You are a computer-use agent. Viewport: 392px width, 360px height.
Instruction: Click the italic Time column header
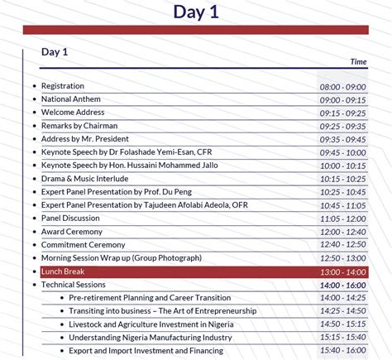[x=358, y=62]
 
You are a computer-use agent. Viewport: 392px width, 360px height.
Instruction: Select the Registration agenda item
[x=63, y=86]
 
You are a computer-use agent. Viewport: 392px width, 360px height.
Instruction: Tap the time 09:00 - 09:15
[x=342, y=100]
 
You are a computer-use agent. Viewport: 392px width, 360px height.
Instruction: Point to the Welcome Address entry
[x=73, y=113]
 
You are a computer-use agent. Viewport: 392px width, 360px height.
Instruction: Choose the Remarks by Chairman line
[x=79, y=126]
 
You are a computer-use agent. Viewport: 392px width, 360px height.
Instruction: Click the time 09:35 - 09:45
[x=342, y=140]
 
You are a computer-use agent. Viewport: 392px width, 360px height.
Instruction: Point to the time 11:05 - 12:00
[x=342, y=218]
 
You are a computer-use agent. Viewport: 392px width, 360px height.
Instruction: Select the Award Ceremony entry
[x=72, y=232]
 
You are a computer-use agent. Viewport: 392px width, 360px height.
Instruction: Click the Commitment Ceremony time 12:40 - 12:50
[x=342, y=245]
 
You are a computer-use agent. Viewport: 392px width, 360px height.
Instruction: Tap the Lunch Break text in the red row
[x=63, y=271]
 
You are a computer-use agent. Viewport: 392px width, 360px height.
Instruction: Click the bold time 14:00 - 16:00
[x=342, y=285]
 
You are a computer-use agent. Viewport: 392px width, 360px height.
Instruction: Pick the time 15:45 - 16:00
[x=342, y=351]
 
